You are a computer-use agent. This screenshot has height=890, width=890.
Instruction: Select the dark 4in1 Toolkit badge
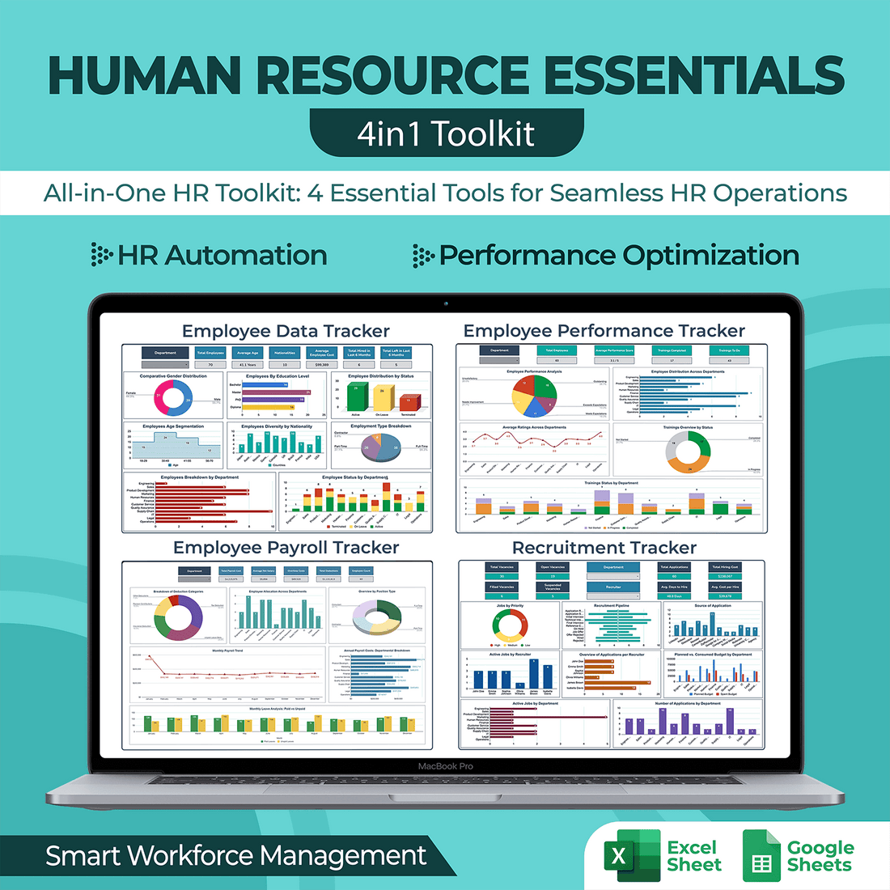[x=446, y=133]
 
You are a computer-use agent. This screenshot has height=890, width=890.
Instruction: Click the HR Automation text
[x=222, y=256]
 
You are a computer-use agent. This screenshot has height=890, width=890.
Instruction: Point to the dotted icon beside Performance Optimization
[x=422, y=256]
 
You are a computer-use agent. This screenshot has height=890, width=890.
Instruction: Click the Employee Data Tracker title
[x=286, y=331]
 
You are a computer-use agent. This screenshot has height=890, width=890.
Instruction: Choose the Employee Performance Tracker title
[x=604, y=331]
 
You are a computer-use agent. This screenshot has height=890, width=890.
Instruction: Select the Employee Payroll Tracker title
[x=286, y=548]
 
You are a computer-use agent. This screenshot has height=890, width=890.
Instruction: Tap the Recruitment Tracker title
[x=604, y=548]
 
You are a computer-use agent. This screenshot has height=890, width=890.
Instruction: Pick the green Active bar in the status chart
[x=356, y=397]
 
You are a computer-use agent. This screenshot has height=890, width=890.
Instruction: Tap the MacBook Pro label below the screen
[x=445, y=766]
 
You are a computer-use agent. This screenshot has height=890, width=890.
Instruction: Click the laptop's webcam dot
[x=446, y=304]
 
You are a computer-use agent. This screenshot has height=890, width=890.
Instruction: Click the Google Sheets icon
[x=761, y=856]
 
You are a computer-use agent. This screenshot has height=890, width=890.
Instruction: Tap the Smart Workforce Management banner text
[x=235, y=856]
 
